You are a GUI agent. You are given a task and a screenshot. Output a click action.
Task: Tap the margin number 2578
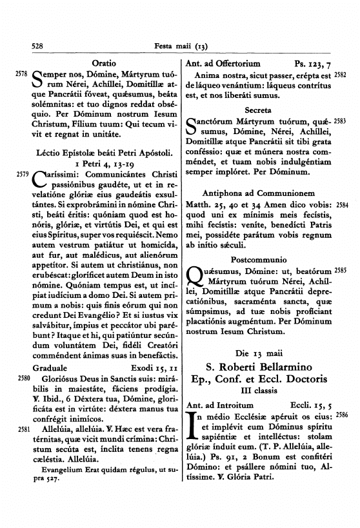20,76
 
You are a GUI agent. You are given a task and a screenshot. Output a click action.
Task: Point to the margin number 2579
20,173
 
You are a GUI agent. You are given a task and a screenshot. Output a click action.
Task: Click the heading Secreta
258,110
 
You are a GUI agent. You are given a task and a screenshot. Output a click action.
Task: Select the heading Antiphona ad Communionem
258,193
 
